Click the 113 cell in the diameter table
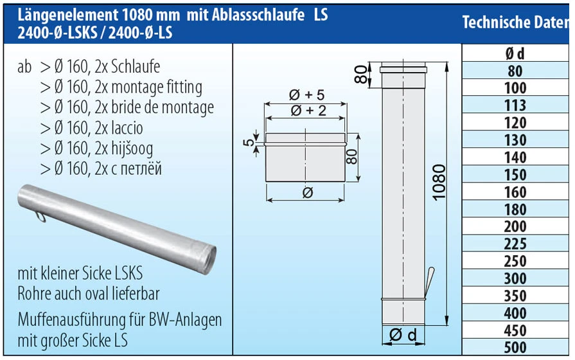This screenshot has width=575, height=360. pos(515,105)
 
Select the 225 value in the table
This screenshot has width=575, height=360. pos(515,244)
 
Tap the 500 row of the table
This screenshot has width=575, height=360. pos(515,348)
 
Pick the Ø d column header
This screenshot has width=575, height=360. pos(515,54)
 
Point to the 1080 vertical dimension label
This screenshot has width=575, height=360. pos(438,183)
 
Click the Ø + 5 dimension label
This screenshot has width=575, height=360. pos(307,95)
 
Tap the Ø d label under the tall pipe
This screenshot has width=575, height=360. pos(403,335)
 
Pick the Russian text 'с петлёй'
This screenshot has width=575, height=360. pos(137,169)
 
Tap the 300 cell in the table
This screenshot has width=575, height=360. pos(515,279)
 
